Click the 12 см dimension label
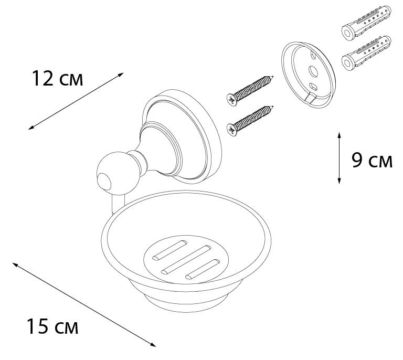tap(57, 78)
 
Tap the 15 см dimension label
tap(52, 326)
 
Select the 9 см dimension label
tap(372, 161)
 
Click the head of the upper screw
tap(232, 99)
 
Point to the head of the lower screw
tap(232, 130)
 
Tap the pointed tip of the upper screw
tap(272, 76)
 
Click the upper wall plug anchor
tap(366, 24)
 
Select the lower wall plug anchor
tap(366, 52)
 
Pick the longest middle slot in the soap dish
tap(186, 260)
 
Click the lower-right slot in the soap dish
tap(203, 269)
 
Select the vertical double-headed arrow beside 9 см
tap(340, 158)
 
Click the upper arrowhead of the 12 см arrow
tap(121, 75)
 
